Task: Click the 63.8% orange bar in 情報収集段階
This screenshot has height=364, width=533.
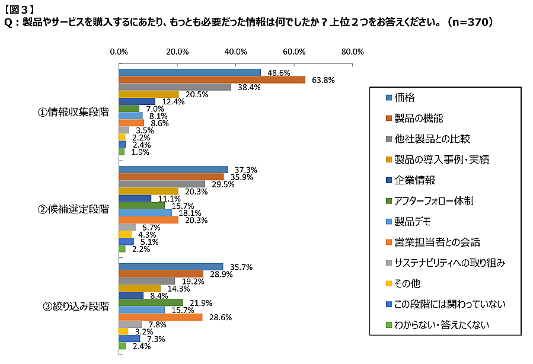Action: tap(212, 80)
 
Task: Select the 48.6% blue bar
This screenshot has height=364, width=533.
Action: tap(190, 73)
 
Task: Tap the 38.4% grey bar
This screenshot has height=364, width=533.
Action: tap(175, 87)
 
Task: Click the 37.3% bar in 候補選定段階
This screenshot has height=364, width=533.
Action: tap(173, 170)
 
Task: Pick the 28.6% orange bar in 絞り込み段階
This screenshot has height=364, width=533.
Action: tap(161, 317)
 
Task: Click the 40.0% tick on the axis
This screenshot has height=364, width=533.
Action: tap(236, 52)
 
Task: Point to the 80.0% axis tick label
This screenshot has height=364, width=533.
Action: tap(353, 52)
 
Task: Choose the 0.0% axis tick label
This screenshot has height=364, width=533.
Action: tap(119, 52)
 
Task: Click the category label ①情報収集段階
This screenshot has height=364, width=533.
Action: tap(74, 113)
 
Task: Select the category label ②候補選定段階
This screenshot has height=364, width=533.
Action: tap(74, 209)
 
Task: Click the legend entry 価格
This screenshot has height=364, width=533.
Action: tap(406, 97)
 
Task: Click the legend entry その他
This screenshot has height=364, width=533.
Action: tap(406, 284)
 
